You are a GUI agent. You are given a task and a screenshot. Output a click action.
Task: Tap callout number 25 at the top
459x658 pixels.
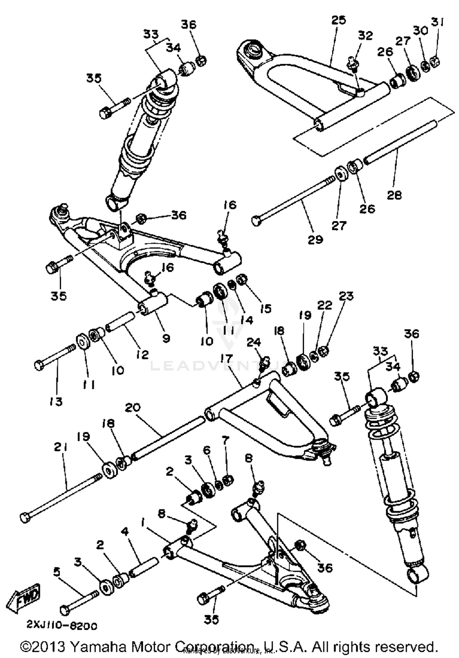[x=338, y=20]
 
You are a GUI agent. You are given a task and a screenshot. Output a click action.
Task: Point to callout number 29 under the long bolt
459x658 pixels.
[x=315, y=239]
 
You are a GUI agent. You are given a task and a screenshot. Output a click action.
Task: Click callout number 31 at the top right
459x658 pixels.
[x=437, y=22]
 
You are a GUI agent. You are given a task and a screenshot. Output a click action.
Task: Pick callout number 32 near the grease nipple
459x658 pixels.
[x=365, y=36]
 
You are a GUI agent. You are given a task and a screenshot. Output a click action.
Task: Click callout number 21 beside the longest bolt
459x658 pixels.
[x=61, y=447]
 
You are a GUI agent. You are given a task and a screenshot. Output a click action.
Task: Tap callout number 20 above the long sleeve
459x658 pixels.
[x=133, y=407]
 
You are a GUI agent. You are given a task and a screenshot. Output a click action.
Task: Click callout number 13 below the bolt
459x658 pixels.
[x=56, y=401]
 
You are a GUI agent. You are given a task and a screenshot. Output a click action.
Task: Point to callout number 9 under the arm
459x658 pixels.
[x=166, y=338]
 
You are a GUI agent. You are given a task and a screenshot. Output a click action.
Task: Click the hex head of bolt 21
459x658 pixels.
[x=25, y=517]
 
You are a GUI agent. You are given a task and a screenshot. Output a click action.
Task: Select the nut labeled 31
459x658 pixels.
[x=435, y=62]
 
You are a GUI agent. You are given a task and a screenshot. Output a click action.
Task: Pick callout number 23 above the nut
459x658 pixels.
[x=346, y=296]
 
